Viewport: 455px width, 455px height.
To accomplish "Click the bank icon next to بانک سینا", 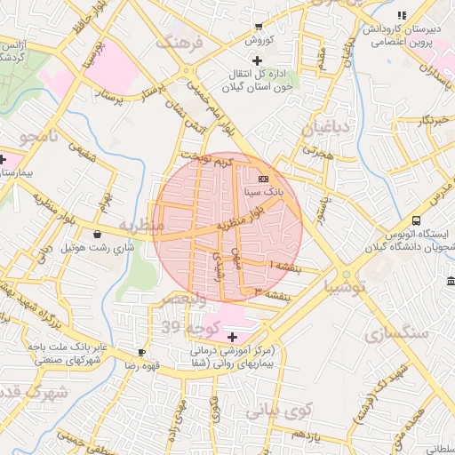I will click(262, 178).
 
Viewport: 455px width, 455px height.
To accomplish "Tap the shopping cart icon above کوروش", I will click(258, 27).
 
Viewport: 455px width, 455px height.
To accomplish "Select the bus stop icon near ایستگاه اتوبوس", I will click(416, 221).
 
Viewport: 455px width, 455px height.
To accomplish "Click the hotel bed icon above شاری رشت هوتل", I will click(97, 233).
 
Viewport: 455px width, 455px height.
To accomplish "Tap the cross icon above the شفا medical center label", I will click(233, 337).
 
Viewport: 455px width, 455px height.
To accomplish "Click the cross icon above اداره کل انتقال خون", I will click(257, 60).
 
